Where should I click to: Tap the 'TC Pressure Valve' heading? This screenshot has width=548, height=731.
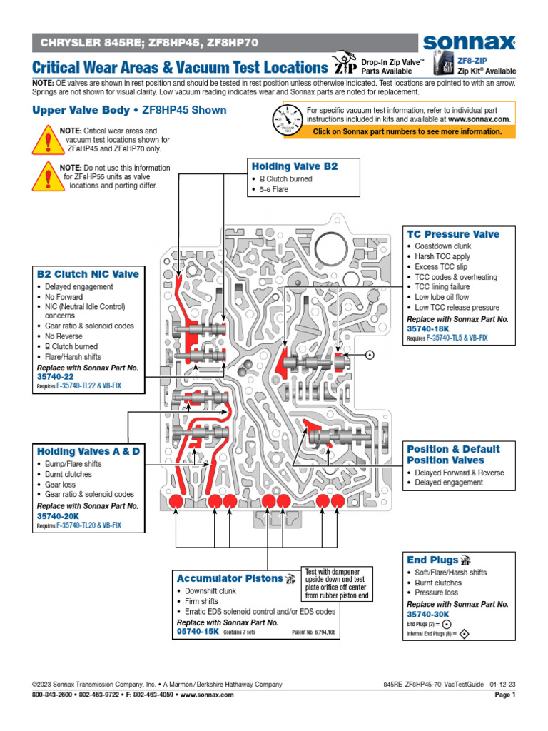click(453, 234)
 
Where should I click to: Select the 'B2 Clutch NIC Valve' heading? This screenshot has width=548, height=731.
click(88, 274)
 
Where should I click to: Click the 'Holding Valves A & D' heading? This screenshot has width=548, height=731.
click(88, 451)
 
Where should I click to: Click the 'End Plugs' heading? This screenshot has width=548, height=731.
click(432, 560)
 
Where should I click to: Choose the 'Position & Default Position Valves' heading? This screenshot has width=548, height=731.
click(453, 455)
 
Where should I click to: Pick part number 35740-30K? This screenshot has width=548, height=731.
click(428, 614)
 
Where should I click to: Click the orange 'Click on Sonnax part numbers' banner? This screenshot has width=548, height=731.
click(407, 132)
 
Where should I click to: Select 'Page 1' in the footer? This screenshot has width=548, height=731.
click(504, 695)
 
